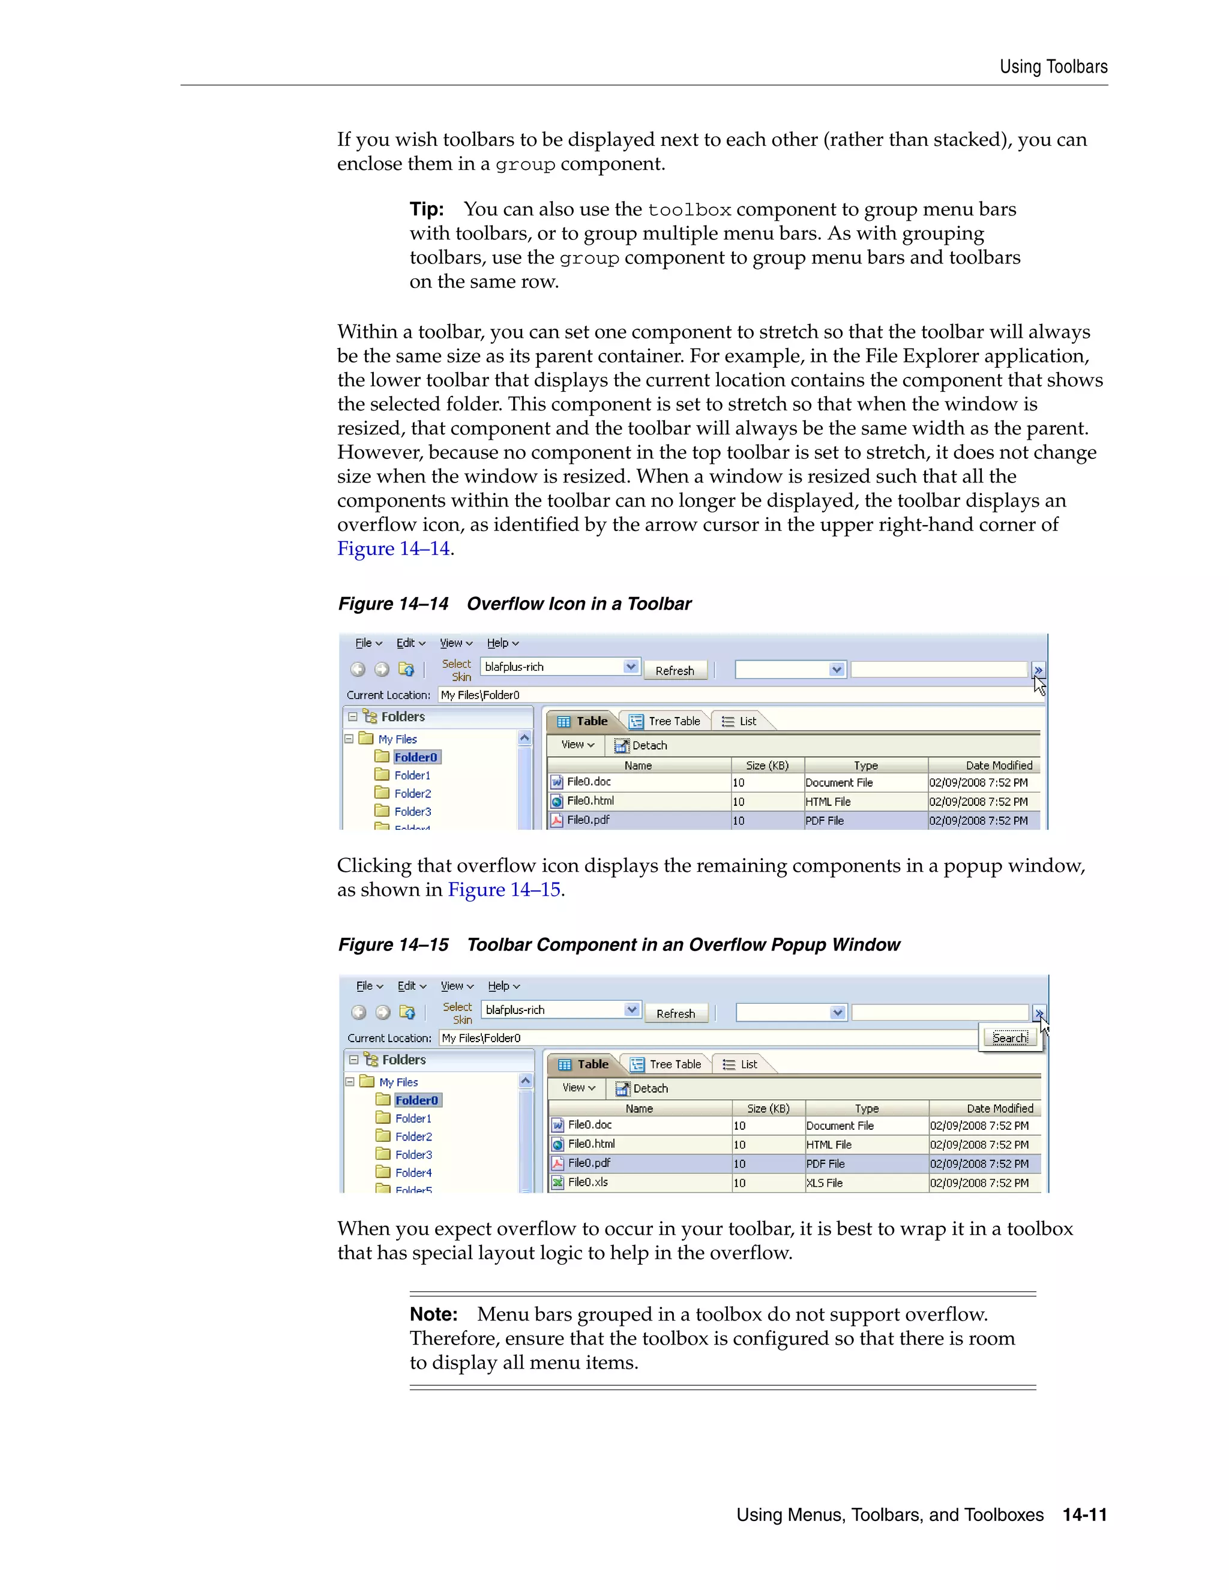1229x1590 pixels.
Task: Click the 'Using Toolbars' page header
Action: (x=1053, y=67)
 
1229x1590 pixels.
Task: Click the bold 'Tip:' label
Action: (x=427, y=209)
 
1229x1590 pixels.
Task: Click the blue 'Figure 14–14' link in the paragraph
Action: (x=393, y=549)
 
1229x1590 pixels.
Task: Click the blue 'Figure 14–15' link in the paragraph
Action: (x=504, y=890)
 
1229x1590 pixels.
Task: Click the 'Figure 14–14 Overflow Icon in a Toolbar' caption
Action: (x=514, y=604)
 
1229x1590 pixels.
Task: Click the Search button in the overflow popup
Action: (x=1010, y=1038)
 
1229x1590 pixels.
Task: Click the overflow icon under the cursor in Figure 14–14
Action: (x=1038, y=670)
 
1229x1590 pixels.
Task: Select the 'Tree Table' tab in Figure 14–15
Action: (x=668, y=1064)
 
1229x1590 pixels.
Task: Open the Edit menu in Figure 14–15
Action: (x=411, y=986)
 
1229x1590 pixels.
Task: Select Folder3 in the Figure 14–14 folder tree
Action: (x=412, y=812)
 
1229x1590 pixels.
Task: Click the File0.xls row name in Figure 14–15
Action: (x=587, y=1183)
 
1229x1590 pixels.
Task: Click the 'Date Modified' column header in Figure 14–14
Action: (x=998, y=766)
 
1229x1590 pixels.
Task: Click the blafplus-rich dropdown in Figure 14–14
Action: (x=560, y=667)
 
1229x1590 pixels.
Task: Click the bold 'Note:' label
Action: (x=433, y=1315)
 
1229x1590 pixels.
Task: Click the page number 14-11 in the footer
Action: (x=1084, y=1515)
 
